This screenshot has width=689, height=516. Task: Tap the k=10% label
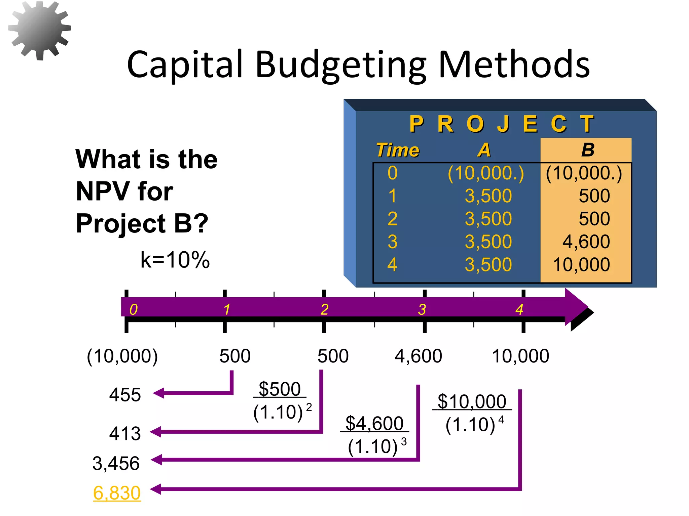pos(175,260)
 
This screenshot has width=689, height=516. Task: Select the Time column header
pos(397,150)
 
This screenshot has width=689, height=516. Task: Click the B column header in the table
pos(587,150)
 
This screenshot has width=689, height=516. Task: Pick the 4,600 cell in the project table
pos(586,242)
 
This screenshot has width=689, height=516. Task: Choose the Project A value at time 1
pos(488,196)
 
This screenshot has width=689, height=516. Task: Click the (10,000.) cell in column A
pos(485,173)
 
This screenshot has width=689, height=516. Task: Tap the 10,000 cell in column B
pos(581,265)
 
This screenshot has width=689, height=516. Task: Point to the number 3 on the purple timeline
pos(422,309)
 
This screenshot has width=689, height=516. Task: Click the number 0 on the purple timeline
pos(134,309)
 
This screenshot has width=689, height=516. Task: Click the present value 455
pos(125,395)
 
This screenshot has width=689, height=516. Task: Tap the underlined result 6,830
pos(117,493)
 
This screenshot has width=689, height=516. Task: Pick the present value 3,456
pos(116,464)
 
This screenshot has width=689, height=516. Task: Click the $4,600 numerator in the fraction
pos(374,423)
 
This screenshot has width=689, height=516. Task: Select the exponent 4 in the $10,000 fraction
pos(501,420)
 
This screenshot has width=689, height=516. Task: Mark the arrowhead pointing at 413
pos(156,432)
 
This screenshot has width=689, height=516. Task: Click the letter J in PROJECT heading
pos(503,124)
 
